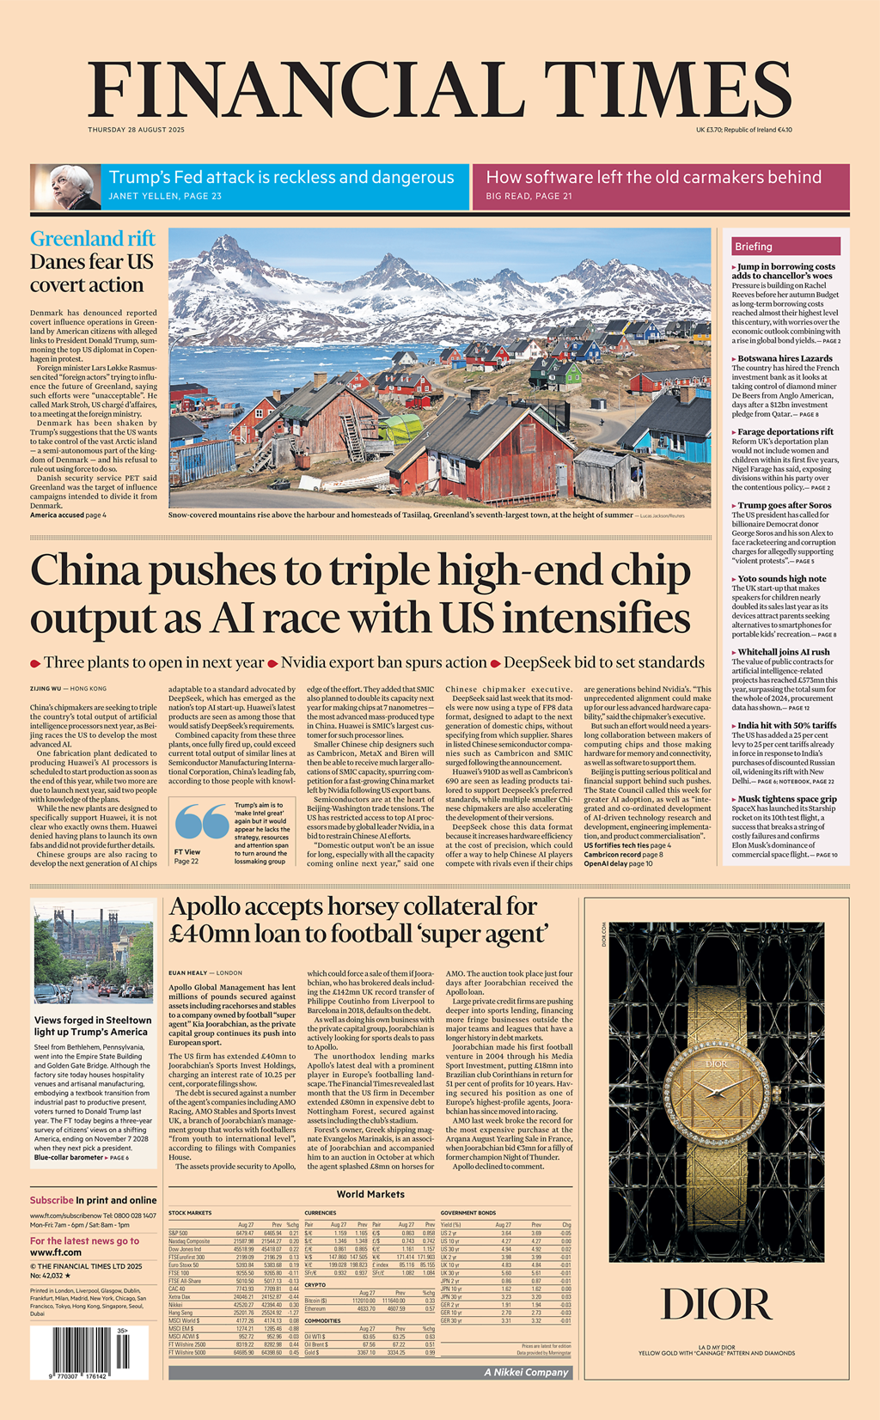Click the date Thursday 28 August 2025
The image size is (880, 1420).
(x=136, y=130)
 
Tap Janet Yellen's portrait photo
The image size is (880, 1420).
(x=65, y=187)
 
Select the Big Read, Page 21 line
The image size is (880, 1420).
(x=529, y=197)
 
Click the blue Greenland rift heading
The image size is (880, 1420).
(x=93, y=238)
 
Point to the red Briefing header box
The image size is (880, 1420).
(x=785, y=247)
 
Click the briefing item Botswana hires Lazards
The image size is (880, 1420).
(x=785, y=358)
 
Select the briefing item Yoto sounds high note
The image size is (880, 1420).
(x=782, y=579)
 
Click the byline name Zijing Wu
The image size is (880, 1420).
(x=46, y=689)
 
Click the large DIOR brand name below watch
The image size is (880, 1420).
(x=716, y=1305)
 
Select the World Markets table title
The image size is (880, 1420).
(x=370, y=1194)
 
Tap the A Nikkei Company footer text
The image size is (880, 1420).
(x=526, y=1372)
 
